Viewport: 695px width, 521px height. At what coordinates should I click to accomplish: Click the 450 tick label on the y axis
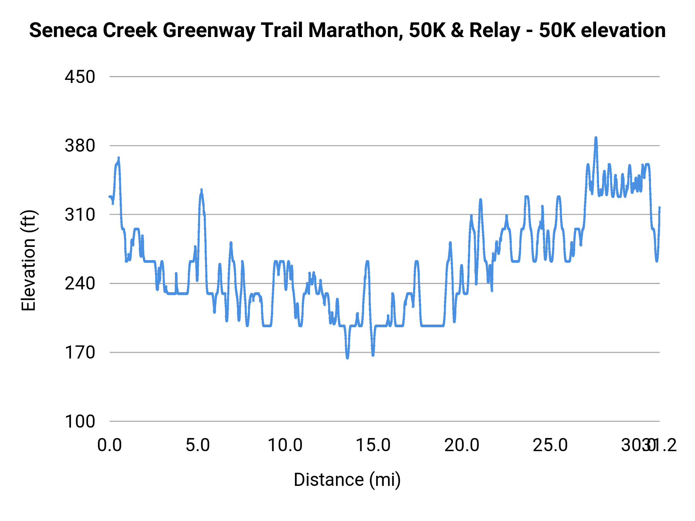pos(80,77)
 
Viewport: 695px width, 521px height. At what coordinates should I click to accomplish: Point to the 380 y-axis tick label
pos(80,146)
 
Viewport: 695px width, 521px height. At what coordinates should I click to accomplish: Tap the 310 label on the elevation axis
pos(80,215)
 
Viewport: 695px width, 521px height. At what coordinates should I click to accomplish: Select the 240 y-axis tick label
pos(80,284)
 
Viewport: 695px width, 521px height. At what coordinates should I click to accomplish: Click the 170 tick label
pos(80,352)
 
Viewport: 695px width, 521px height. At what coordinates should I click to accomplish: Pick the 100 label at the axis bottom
pos(80,421)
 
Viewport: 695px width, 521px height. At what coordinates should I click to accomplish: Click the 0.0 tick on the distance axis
pos(110,445)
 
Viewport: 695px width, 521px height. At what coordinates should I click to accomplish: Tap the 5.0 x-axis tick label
pos(198,445)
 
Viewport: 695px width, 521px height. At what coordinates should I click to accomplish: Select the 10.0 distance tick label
pos(285,445)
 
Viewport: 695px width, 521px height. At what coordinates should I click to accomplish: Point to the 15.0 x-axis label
pos(373,445)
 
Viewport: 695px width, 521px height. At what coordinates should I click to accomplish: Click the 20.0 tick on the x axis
pos(462,445)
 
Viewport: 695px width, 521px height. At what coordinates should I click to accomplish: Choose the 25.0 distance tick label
pos(550,445)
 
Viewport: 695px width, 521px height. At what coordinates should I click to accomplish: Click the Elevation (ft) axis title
pos(29,260)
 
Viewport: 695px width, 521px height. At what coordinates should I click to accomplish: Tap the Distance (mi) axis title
pos(347,480)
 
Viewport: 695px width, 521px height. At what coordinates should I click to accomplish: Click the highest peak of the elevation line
pos(596,138)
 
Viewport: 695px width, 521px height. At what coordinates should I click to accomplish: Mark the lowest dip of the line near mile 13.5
pos(347,358)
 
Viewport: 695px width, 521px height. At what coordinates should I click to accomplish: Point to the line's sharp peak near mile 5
pos(201,190)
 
